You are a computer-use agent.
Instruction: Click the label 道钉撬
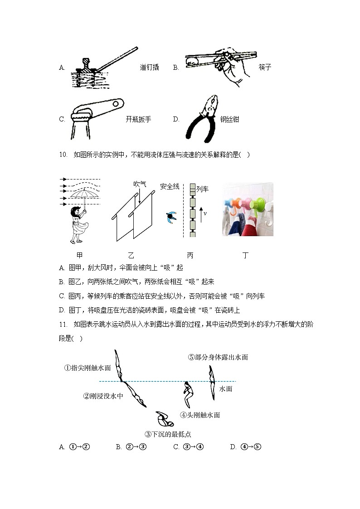coord(149,68)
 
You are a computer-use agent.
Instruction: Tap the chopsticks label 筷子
coord(265,68)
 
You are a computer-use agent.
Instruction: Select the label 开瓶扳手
coord(138,120)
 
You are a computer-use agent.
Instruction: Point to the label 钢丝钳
coord(229,120)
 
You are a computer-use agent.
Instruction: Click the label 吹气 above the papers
coord(140,184)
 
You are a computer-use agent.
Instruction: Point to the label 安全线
coord(170,186)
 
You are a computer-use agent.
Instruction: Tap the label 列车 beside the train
coord(202,189)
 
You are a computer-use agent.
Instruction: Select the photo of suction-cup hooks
coord(247,209)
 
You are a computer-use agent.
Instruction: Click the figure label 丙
coord(190,256)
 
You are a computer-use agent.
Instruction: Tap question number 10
coord(63,155)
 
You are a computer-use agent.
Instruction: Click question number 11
coord(63,324)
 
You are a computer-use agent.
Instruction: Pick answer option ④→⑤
coord(250,447)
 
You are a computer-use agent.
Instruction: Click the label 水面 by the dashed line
coord(226,389)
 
